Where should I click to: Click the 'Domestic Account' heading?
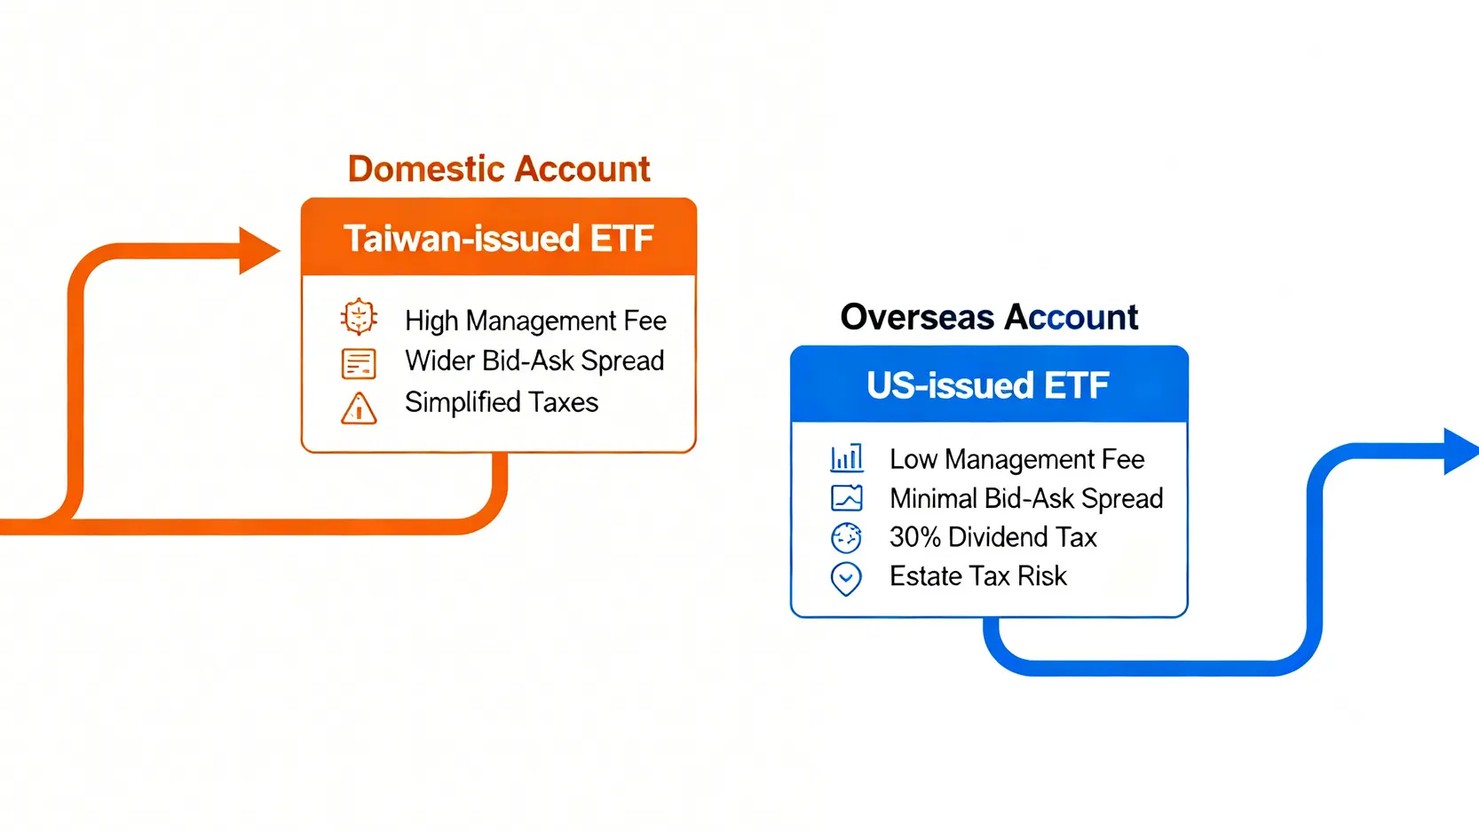pyautogui.click(x=499, y=169)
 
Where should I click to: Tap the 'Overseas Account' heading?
pyautogui.click(x=989, y=317)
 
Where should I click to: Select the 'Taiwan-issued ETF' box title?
pyautogui.click(x=499, y=238)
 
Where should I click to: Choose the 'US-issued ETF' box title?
pyautogui.click(x=988, y=385)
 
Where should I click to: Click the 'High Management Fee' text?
pyautogui.click(x=535, y=321)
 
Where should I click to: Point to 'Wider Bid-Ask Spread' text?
pyautogui.click(x=534, y=361)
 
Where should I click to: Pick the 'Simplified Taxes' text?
pyautogui.click(x=502, y=402)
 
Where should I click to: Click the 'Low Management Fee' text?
pyautogui.click(x=1016, y=460)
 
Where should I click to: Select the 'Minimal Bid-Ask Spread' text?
pyautogui.click(x=1026, y=498)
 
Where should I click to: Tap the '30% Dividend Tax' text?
pyautogui.click(x=993, y=537)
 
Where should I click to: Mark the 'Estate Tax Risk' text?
pyautogui.click(x=977, y=576)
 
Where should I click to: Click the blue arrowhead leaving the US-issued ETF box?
pyautogui.click(x=1461, y=451)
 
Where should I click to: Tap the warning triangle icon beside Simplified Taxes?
pyautogui.click(x=359, y=408)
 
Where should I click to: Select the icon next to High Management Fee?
pyautogui.click(x=359, y=317)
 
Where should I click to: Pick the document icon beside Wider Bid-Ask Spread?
pyautogui.click(x=359, y=364)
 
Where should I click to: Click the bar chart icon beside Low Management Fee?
pyautogui.click(x=846, y=457)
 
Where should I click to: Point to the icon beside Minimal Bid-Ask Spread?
pyautogui.click(x=846, y=498)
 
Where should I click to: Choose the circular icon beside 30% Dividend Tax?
pyautogui.click(x=846, y=537)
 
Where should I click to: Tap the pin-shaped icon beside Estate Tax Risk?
pyautogui.click(x=846, y=579)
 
